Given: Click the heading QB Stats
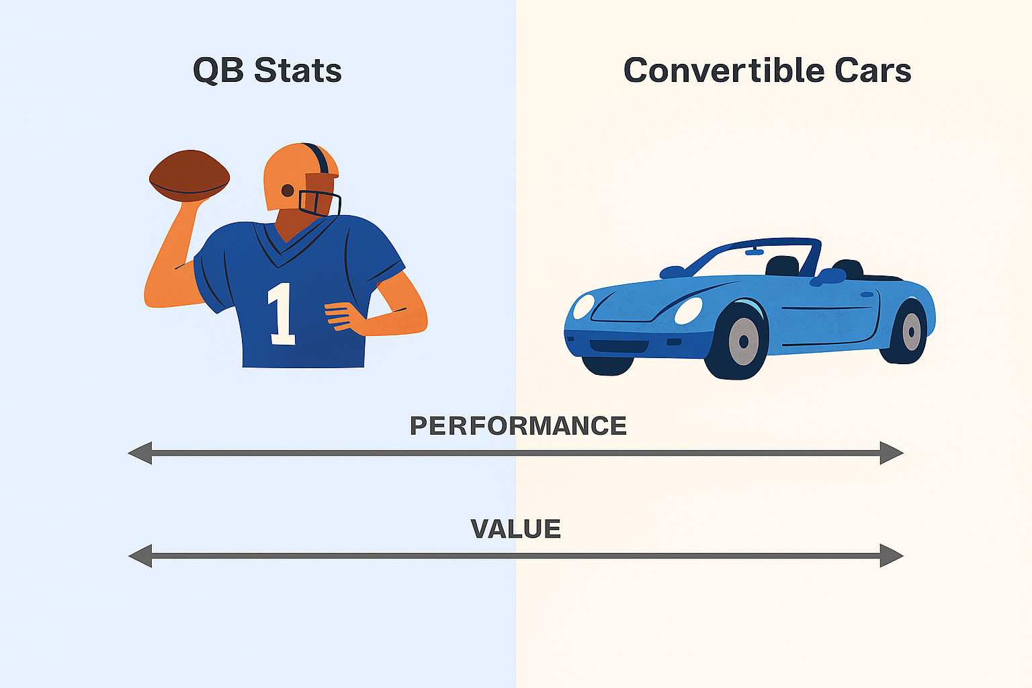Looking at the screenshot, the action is click(267, 71).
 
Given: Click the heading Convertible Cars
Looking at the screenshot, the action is click(767, 71).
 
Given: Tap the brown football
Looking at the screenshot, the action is click(189, 175).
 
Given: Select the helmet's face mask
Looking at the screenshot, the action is click(320, 203).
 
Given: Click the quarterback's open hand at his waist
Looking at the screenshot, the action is click(343, 316).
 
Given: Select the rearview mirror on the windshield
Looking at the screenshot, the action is click(755, 251).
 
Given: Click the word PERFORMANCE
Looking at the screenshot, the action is click(518, 426).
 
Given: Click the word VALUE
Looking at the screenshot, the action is click(515, 529).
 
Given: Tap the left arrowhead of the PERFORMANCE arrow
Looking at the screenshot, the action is click(140, 453).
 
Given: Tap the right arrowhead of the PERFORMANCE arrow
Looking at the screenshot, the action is click(892, 453).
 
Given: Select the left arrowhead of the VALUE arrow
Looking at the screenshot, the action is click(140, 556).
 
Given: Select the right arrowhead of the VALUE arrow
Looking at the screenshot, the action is click(892, 556).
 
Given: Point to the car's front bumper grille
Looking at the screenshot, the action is click(619, 346).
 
